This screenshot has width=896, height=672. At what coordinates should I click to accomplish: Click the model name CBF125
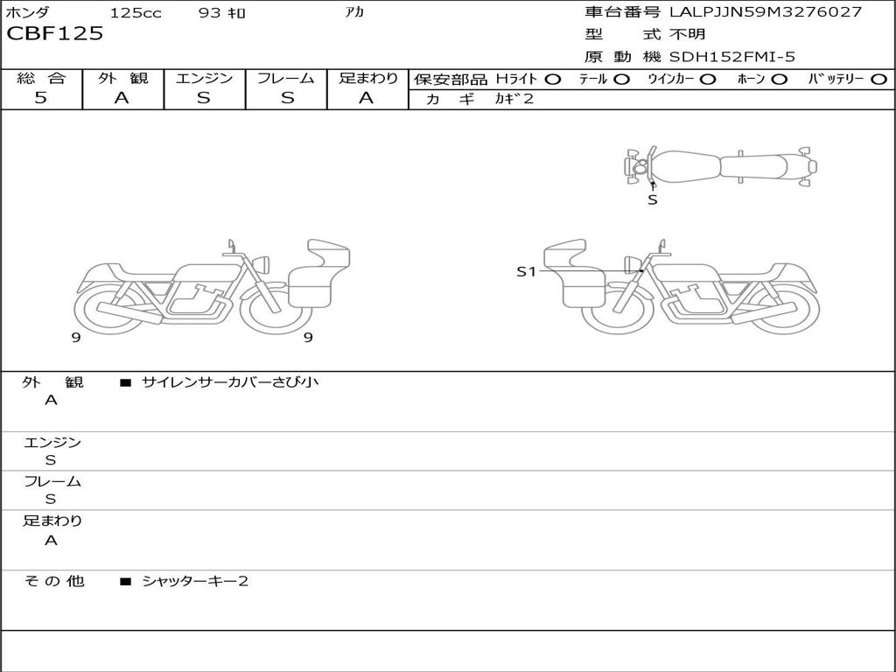(55, 33)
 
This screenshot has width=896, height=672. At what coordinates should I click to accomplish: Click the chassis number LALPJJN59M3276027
(765, 11)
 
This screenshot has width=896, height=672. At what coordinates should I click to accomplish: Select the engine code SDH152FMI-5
(732, 57)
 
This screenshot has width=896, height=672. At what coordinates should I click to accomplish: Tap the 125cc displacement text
(136, 12)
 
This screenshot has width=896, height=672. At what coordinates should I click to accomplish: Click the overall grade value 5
(40, 98)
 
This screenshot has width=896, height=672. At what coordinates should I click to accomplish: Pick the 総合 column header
(41, 78)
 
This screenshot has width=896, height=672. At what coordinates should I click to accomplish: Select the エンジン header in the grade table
(204, 78)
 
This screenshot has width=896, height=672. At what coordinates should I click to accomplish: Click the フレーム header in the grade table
(286, 78)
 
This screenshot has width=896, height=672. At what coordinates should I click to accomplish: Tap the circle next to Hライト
(553, 80)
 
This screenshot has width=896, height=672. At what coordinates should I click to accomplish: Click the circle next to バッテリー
(878, 80)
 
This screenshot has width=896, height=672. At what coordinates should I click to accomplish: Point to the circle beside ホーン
(779, 80)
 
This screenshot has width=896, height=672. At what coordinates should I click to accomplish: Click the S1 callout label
(526, 271)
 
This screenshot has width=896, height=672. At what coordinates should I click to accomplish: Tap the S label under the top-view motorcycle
(653, 200)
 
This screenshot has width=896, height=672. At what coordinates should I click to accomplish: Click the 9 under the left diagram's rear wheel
(76, 338)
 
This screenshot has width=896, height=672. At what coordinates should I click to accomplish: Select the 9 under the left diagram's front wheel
(308, 338)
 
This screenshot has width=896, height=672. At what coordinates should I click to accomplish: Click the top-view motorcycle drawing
(720, 166)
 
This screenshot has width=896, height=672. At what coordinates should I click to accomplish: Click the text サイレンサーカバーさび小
(230, 381)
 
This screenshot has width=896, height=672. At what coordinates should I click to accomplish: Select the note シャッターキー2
(195, 581)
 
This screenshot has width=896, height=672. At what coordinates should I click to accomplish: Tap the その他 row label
(54, 581)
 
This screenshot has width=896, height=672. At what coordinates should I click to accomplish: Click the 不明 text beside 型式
(688, 34)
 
